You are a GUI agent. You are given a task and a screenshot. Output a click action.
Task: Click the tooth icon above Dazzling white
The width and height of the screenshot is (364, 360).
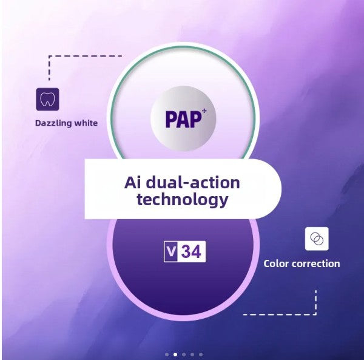[x=47, y=99]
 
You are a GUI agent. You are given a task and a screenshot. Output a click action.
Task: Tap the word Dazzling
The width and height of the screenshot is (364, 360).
[x=50, y=123]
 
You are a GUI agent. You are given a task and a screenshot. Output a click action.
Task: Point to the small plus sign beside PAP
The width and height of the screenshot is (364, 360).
[x=204, y=111]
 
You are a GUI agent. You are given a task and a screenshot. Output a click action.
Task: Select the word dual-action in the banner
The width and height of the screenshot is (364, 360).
[x=193, y=183]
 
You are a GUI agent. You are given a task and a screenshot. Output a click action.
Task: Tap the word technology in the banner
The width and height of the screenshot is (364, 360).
[x=183, y=200]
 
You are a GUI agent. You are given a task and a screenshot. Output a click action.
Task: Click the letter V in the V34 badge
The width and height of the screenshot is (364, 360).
[x=171, y=251]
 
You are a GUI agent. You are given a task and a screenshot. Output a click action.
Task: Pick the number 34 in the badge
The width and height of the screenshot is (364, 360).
[x=191, y=252]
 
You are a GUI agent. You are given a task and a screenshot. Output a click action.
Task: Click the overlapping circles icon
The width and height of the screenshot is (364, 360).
[x=317, y=239]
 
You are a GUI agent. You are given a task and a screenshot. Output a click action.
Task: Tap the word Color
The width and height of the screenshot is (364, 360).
[x=276, y=264]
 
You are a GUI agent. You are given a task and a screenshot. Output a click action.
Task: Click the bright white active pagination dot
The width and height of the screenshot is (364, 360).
[x=175, y=355]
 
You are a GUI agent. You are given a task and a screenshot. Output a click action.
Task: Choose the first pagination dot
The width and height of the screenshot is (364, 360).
[x=167, y=355]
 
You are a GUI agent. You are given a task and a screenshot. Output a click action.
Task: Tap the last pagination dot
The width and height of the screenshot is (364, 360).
[x=201, y=355]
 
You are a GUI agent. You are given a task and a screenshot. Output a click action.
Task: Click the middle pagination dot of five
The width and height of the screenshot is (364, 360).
[x=184, y=355]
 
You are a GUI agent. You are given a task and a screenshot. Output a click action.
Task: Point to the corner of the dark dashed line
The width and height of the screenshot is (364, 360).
[x=49, y=56]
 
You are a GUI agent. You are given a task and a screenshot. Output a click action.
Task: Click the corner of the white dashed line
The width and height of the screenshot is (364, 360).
[x=315, y=314]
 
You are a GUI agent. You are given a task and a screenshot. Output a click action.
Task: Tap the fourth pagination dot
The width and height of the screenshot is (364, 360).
[x=192, y=355]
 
